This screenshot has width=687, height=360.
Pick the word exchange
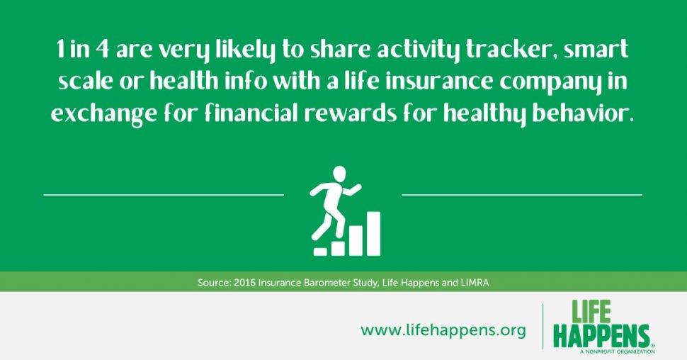(103, 115)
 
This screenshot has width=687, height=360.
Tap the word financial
(251, 113)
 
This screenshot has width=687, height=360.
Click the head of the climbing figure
(339, 173)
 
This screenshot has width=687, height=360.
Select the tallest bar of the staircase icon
(373, 233)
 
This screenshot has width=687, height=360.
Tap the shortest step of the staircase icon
(320, 252)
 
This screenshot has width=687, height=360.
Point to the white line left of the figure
(164, 194)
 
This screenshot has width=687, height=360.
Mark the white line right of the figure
(522, 194)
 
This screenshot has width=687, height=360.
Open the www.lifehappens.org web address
(443, 330)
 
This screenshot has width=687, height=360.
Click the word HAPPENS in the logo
(601, 337)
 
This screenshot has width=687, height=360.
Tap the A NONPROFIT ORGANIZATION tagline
(618, 351)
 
